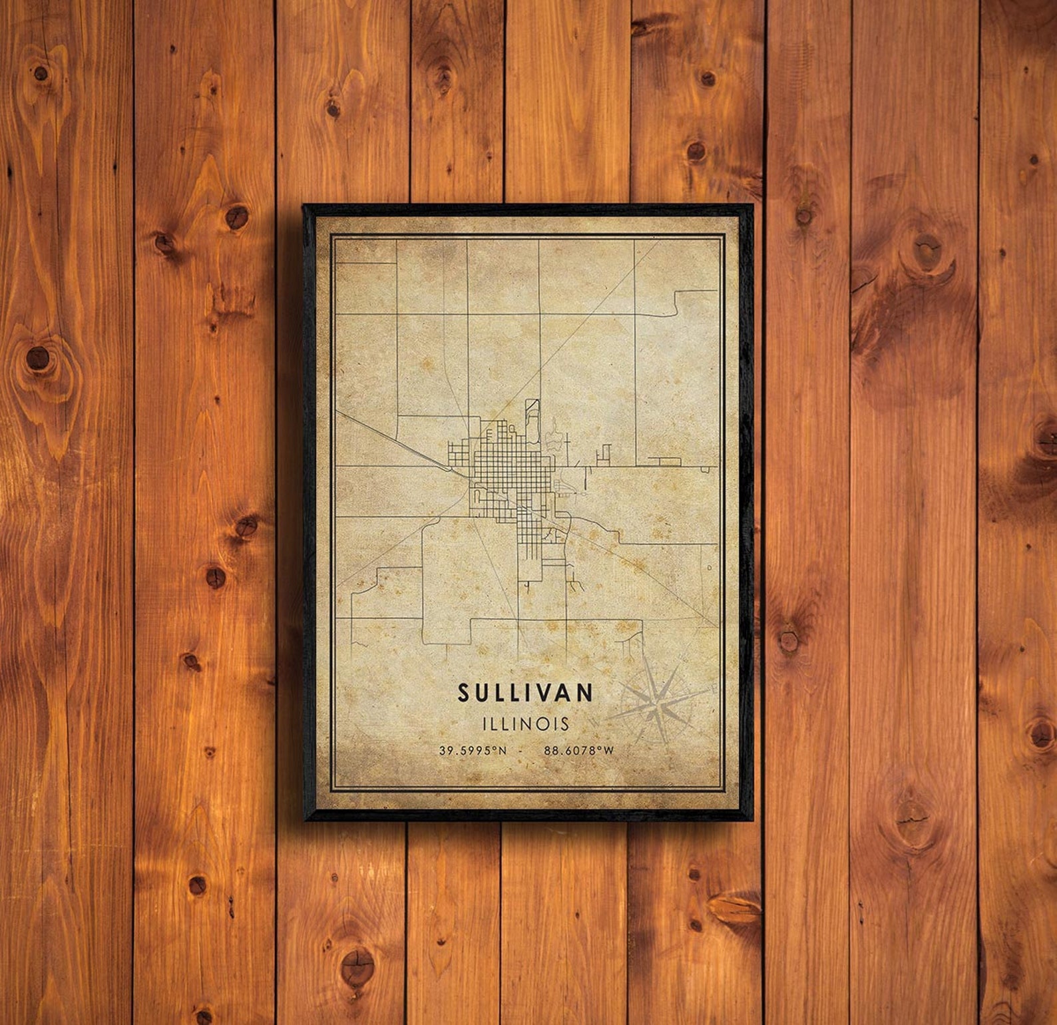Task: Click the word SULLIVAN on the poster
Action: (525, 693)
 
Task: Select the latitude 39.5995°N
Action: (473, 751)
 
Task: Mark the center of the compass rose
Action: (658, 703)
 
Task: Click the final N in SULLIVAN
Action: (585, 693)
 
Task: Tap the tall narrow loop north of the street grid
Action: (531, 419)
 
